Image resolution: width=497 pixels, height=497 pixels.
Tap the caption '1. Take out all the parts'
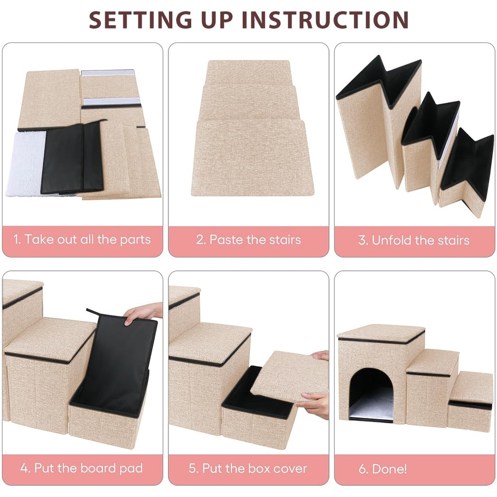82,239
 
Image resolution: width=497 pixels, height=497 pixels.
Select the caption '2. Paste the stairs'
248,239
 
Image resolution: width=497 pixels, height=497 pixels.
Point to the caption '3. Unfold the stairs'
414,240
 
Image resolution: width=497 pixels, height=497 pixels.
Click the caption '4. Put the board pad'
82,468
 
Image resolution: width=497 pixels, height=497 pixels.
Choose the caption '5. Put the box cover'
248,468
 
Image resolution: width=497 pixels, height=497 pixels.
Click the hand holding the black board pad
144,314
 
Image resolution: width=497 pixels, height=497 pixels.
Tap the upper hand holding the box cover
321,355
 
